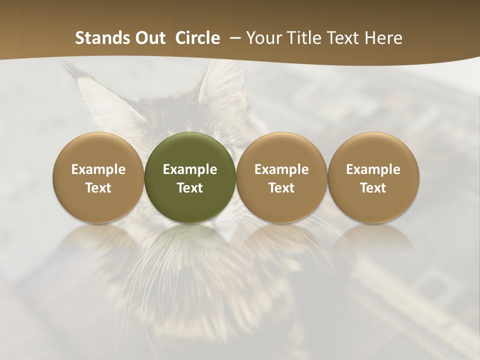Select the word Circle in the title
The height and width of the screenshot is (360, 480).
point(197,38)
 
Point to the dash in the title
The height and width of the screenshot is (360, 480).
point(233,38)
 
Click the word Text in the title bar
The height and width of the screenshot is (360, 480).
point(344,38)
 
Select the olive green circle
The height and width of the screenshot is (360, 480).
point(190,177)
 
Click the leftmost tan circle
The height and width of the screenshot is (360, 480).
point(98,177)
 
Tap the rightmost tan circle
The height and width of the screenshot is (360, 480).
point(373,177)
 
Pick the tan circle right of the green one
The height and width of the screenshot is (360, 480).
point(281,177)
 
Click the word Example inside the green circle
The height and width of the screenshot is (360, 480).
point(190,169)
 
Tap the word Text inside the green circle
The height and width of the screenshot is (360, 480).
point(190,188)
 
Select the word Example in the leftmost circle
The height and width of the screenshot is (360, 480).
point(98,169)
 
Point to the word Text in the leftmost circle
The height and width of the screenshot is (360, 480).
point(98,188)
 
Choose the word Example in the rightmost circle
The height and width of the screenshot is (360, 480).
point(373,169)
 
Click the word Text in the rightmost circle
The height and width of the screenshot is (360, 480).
point(373,188)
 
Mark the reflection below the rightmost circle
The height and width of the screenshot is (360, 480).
point(373,240)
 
